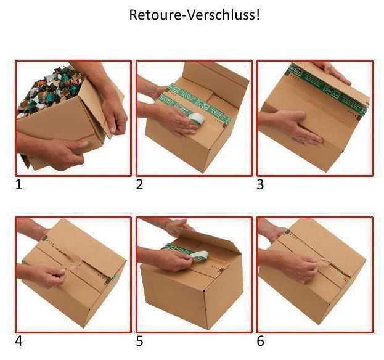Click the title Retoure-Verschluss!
[194, 15]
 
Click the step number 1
[18, 184]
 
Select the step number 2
[140, 184]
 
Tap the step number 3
[260, 184]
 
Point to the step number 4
[19, 340]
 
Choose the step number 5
[140, 340]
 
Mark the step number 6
[260, 340]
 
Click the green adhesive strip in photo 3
[327, 90]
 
